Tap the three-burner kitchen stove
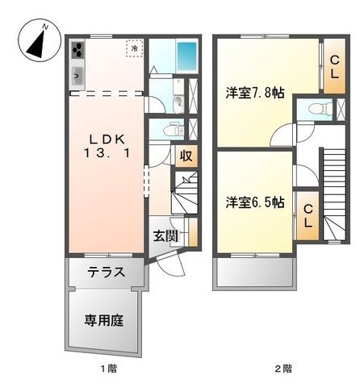[77, 51]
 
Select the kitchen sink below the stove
[77, 77]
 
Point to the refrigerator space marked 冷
[132, 49]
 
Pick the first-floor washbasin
[176, 102]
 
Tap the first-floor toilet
[173, 130]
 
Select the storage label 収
[186, 156]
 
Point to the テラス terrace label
[107, 272]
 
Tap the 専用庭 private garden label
[104, 320]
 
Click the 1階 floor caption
[108, 368]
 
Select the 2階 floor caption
[282, 368]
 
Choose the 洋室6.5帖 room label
[254, 202]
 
